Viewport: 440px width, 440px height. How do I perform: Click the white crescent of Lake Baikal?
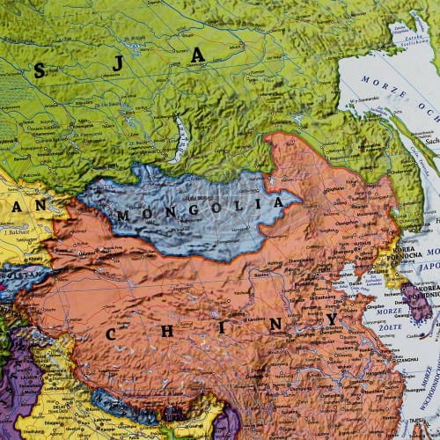coord(181,141)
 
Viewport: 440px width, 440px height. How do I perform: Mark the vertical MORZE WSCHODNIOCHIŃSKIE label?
coord(429,387)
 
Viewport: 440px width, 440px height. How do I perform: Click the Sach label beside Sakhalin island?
coord(430,139)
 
